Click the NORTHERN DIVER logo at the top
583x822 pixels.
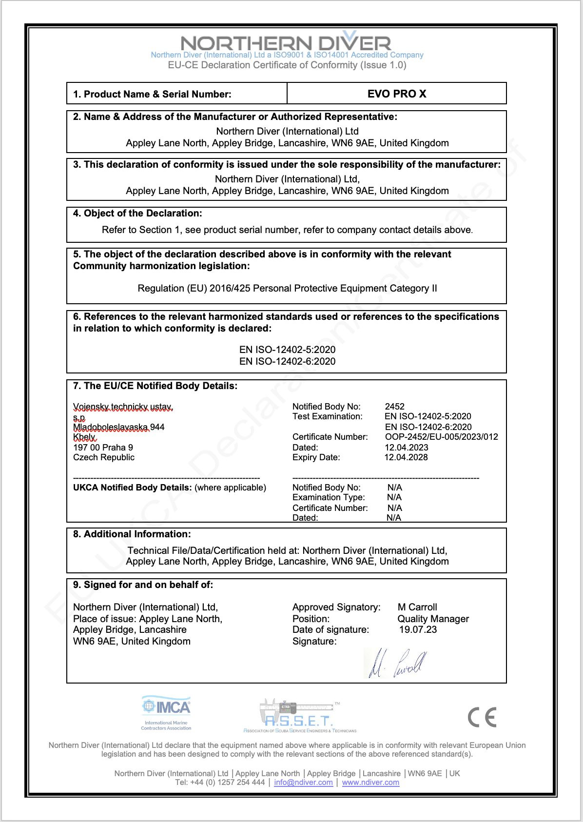(x=286, y=43)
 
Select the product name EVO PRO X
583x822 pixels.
(x=397, y=94)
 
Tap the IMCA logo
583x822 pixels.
(x=166, y=712)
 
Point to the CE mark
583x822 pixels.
(x=482, y=717)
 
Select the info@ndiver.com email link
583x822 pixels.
(x=303, y=783)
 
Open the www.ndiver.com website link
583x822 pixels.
(x=370, y=783)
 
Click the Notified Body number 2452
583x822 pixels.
(x=395, y=407)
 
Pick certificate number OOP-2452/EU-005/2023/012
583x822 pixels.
(x=442, y=437)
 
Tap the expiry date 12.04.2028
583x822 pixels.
(x=406, y=457)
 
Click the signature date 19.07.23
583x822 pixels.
(x=418, y=629)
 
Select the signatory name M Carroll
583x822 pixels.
(x=417, y=607)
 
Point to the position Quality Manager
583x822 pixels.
(x=433, y=619)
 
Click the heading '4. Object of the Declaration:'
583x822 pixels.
(x=137, y=213)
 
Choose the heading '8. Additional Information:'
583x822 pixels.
(x=132, y=534)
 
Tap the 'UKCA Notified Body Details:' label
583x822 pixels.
(x=132, y=488)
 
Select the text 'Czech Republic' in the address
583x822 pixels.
(x=104, y=457)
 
